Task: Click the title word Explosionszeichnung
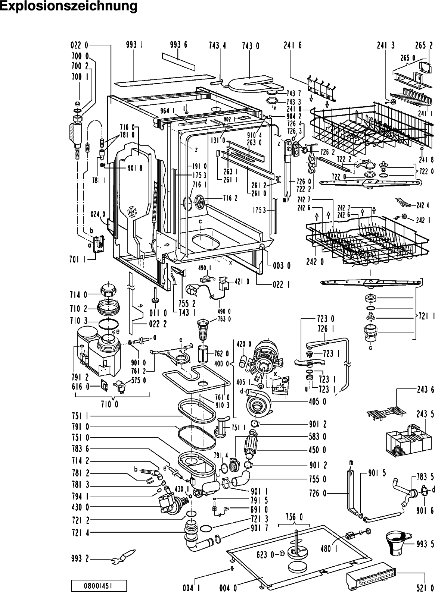69,7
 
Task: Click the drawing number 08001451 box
99,585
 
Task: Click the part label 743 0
251,46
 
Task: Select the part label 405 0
317,402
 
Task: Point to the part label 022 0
79,45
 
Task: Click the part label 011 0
158,313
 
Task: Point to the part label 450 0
317,450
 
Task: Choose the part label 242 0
315,262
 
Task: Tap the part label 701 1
79,260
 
